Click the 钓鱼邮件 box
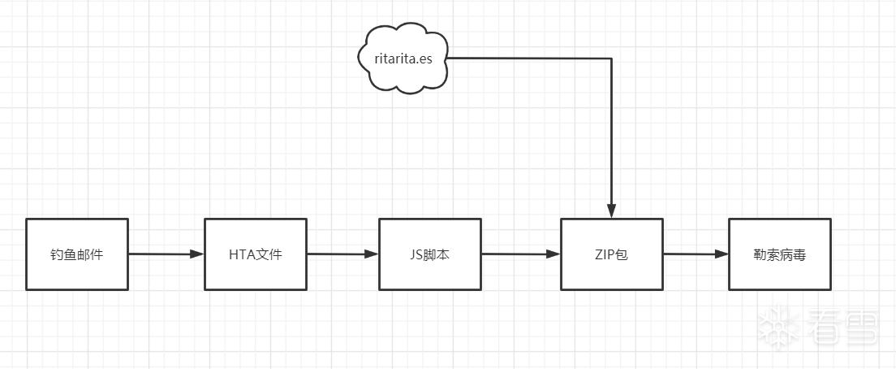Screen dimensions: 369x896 [76, 254]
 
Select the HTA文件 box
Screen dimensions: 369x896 [255, 254]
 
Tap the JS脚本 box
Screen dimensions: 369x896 [430, 254]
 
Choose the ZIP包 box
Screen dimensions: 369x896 [611, 254]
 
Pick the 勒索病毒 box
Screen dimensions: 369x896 [780, 254]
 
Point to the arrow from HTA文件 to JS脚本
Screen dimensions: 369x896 [342, 254]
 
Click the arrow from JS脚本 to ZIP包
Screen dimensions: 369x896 [519, 254]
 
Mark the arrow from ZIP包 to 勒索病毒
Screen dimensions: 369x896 [695, 254]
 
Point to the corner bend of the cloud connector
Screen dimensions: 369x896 [611, 59]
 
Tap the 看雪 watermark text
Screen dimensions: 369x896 [842, 327]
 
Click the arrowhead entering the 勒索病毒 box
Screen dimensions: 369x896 [722, 254]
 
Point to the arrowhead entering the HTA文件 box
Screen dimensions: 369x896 [197, 254]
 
